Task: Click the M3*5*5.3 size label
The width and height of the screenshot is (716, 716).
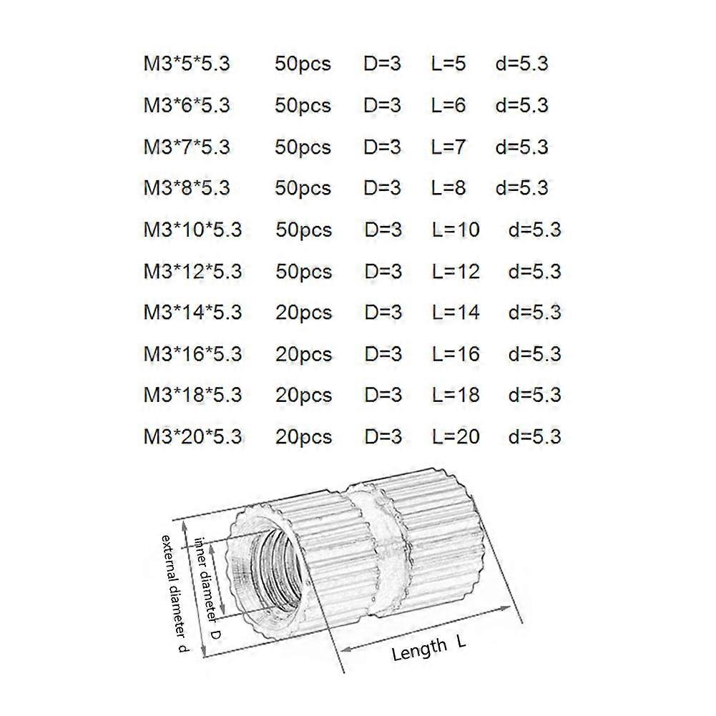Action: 187,64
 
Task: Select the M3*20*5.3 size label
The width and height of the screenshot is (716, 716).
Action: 192,436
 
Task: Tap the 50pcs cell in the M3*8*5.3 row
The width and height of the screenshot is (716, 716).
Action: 303,188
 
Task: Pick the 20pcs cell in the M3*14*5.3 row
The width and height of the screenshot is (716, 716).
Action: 303,313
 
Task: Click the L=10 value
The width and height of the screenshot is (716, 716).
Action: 456,230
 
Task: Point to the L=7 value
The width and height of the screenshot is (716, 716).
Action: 448,147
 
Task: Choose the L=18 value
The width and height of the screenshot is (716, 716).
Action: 456,395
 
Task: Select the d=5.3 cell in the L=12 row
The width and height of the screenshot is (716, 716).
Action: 534,272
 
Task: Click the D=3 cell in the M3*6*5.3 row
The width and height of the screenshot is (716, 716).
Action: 383,105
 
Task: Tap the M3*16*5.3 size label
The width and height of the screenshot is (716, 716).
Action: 192,354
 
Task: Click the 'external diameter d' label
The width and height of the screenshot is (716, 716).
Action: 175,593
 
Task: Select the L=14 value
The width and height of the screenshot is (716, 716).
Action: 456,313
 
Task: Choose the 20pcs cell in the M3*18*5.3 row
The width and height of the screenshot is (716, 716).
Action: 303,395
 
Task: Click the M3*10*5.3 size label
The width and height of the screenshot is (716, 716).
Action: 192,230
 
